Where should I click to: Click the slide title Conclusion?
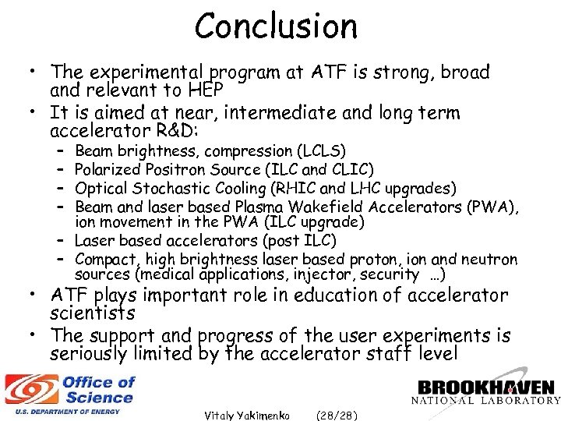tap(277, 26)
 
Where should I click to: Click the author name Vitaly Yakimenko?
tap(247, 415)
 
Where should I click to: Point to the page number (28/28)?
tap(337, 415)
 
